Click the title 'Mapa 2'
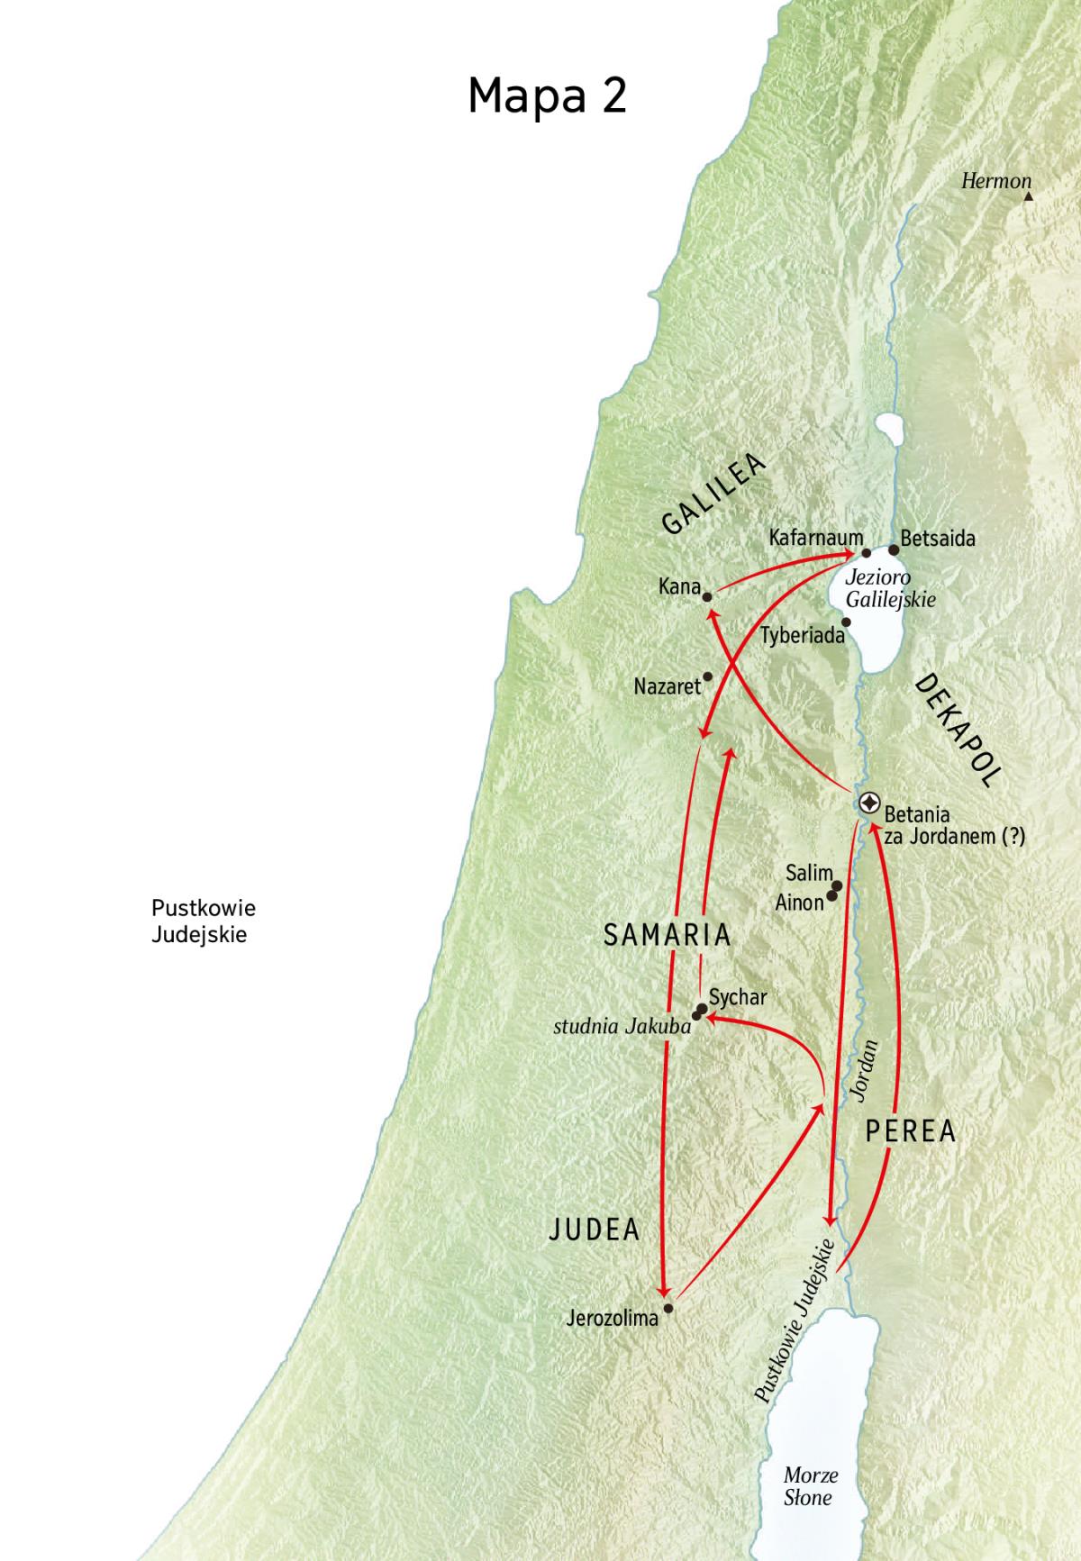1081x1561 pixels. (x=547, y=95)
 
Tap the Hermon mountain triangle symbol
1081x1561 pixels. (x=1028, y=195)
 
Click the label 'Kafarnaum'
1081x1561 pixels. (x=815, y=538)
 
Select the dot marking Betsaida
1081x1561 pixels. (x=894, y=549)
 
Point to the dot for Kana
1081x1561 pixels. (x=707, y=596)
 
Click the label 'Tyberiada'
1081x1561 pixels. (x=803, y=636)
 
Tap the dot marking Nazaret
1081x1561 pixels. (x=707, y=676)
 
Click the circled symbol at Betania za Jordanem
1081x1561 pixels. (x=869, y=802)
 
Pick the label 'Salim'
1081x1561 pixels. (x=808, y=873)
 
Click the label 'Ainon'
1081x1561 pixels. (x=799, y=902)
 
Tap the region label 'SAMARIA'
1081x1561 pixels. (x=667, y=935)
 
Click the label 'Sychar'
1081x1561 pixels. (x=738, y=997)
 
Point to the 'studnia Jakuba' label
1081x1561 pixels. (x=622, y=1026)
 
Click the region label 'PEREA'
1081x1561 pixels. (x=910, y=1131)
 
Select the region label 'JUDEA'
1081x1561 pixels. (x=594, y=1229)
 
